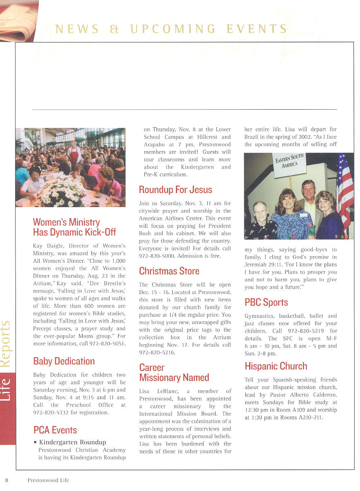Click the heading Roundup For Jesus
(175, 190)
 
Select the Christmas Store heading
(169, 271)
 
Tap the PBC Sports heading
(266, 303)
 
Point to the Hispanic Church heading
(276, 366)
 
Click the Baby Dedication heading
(64, 361)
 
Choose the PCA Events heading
(55, 430)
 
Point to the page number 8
(7, 480)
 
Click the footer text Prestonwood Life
(48, 480)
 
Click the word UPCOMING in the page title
(173, 29)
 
